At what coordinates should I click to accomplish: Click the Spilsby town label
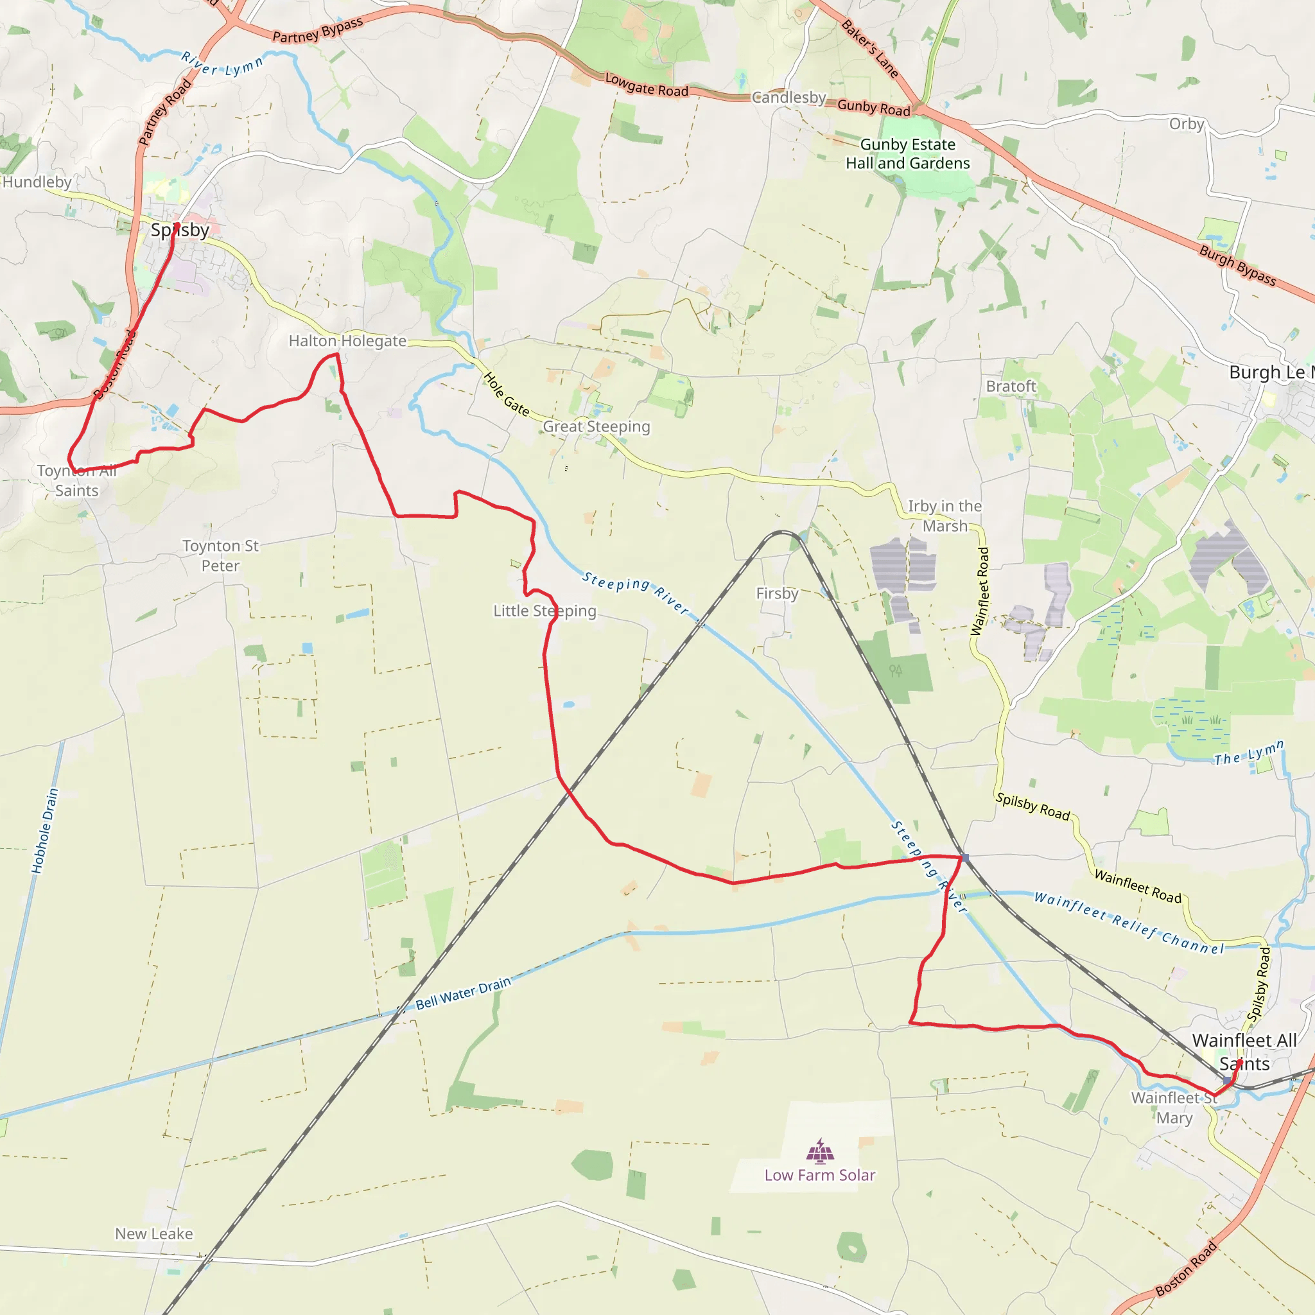tap(180, 230)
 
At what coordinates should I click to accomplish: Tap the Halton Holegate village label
tap(347, 340)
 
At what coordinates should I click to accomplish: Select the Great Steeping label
tap(597, 426)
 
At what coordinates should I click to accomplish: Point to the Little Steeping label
tap(544, 611)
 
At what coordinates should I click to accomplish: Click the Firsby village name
tap(778, 593)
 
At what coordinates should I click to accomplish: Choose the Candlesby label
tap(789, 98)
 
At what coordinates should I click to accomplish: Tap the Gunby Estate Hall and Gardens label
tap(907, 154)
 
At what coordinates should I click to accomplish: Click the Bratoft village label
tap(1011, 386)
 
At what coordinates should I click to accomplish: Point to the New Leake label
tap(154, 1233)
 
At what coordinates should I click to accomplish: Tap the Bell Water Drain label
tap(464, 993)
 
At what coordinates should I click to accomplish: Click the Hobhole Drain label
tap(45, 831)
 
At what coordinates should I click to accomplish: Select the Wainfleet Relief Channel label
tap(1129, 923)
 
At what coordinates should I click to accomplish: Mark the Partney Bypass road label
tap(318, 30)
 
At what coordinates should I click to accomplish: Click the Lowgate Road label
tap(647, 85)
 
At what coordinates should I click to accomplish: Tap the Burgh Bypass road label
tap(1237, 265)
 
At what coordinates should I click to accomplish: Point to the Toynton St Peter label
tap(220, 555)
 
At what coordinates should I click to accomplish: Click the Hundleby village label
tap(37, 182)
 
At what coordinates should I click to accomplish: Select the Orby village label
tap(1187, 123)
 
